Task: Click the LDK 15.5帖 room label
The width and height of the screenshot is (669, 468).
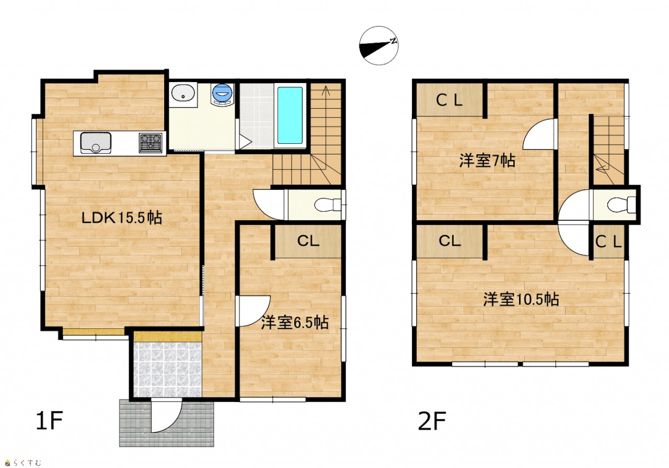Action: point(122,218)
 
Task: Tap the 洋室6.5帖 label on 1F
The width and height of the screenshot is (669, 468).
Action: point(295,323)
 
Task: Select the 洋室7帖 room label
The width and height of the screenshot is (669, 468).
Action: point(487,161)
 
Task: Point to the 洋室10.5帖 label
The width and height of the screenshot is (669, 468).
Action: point(521,299)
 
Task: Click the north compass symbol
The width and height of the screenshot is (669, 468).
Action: point(379,45)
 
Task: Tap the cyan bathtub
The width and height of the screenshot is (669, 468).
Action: point(290,116)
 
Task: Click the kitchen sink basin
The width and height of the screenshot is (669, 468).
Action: point(96,143)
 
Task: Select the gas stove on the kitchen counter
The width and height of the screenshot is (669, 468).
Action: point(151,143)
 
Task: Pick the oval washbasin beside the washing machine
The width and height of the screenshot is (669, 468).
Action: point(183,92)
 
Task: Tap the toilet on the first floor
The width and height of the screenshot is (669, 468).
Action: point(328,205)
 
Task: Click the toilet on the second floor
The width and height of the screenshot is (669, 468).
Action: point(622,204)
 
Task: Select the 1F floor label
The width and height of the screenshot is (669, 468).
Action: point(49,420)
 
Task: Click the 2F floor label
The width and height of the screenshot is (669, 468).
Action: point(432,420)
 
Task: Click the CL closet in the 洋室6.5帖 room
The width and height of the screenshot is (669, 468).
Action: point(308,241)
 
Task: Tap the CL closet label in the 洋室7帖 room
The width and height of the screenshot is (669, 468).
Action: point(449,100)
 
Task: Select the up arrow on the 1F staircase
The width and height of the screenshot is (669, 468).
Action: point(326,90)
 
